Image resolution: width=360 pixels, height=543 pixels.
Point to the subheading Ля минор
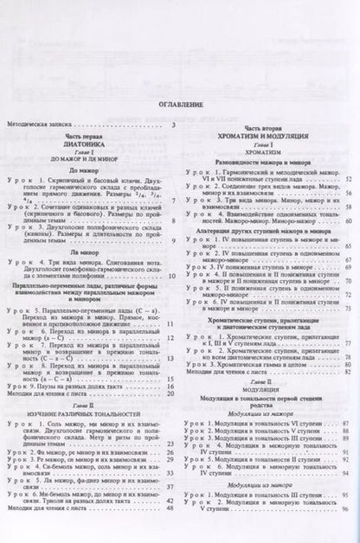[x=92, y=247]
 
